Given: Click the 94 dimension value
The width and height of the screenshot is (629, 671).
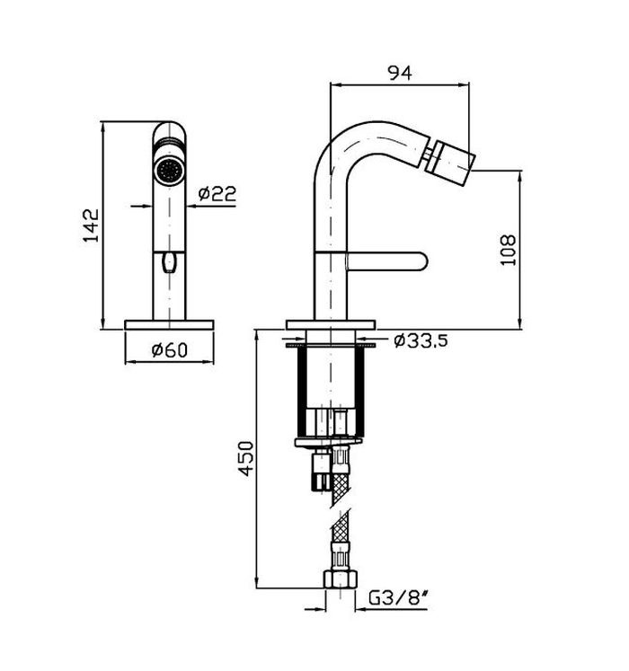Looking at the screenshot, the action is [x=400, y=73].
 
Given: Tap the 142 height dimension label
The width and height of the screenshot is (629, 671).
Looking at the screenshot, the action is [x=91, y=225].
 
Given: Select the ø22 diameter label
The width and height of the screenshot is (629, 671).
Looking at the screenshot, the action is [x=217, y=193].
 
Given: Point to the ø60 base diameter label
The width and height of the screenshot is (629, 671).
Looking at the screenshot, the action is [x=170, y=350].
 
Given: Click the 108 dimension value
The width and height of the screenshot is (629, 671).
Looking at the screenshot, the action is [x=509, y=251].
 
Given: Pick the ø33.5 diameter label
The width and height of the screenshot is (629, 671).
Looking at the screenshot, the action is [x=421, y=341].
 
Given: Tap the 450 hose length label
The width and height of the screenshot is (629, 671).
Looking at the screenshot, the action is [x=246, y=459].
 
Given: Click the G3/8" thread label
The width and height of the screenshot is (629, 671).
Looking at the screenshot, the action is [x=399, y=598].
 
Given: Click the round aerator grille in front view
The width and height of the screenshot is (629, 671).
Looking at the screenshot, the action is [x=169, y=171].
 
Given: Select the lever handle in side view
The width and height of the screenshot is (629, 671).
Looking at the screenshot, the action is [x=386, y=261].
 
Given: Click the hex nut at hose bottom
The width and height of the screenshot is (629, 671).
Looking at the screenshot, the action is [x=340, y=579].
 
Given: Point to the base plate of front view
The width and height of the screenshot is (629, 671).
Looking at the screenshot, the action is [x=169, y=325].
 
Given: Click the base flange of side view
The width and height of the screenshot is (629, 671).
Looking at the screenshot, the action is [x=331, y=325].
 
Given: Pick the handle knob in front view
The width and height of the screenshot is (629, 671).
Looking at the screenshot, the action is [x=169, y=262].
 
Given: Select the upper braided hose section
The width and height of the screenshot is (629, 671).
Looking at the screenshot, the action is [x=341, y=487].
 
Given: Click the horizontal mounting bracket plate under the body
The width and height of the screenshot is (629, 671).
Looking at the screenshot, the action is [x=328, y=442].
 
